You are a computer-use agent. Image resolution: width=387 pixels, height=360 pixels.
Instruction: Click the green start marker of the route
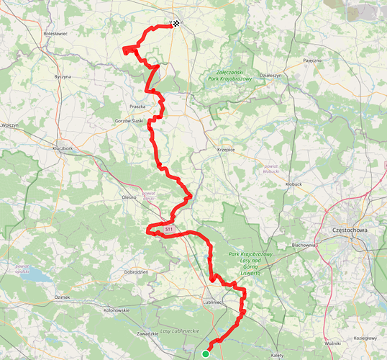206,354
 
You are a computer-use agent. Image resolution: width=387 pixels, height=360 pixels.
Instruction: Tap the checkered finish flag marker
176,24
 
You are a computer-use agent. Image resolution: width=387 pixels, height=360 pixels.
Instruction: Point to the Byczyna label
64,76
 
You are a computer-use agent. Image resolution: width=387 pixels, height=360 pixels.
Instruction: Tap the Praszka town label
138,106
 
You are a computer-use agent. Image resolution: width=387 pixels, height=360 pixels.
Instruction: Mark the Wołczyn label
9,125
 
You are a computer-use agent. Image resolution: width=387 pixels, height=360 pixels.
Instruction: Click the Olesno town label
129,197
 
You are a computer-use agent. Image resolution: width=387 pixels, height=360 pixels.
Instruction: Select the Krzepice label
227,150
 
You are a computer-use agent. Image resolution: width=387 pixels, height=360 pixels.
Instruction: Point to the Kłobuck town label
295,184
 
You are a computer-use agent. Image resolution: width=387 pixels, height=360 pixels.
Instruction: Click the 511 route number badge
168,229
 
